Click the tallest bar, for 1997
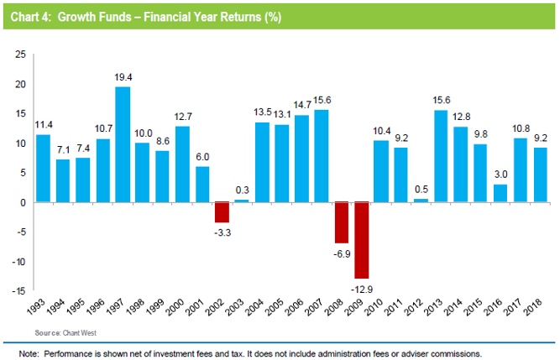(x=122, y=144)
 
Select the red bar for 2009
(x=361, y=240)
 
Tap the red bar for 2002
(x=221, y=211)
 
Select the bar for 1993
(x=42, y=168)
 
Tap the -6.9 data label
(x=341, y=253)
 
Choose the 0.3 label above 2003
(x=242, y=190)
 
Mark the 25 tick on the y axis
(x=20, y=54)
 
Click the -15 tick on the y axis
(x=18, y=291)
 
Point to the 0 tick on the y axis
(x=24, y=202)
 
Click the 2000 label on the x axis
(x=175, y=311)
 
